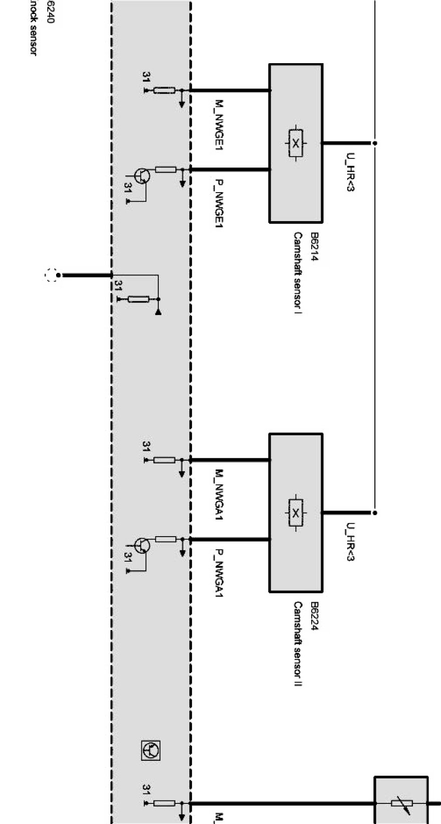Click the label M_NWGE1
click(219, 126)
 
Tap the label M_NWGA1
click(219, 495)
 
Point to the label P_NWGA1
click(219, 572)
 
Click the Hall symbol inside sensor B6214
click(296, 143)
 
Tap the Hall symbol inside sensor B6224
click(296, 513)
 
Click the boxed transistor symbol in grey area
click(150, 751)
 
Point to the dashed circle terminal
click(50, 275)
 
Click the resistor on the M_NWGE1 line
click(164, 90)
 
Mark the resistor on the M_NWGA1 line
click(164, 460)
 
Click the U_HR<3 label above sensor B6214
click(350, 173)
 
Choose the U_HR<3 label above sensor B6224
click(350, 542)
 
